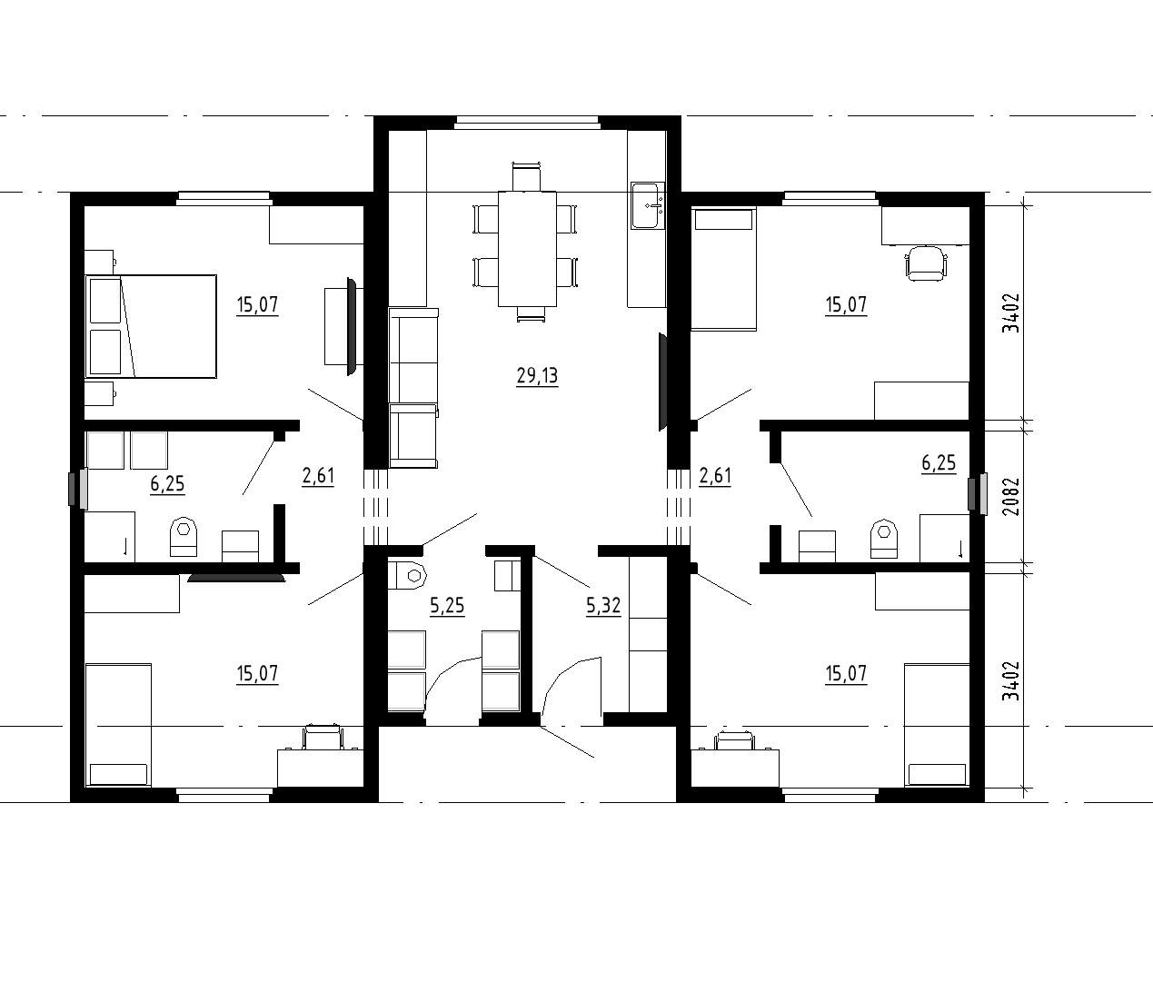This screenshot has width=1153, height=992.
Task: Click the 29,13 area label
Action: click(x=537, y=376)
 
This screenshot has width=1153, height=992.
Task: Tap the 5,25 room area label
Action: click(x=447, y=605)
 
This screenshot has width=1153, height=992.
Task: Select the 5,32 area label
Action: click(x=603, y=605)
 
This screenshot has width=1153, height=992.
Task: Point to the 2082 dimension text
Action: click(x=1010, y=496)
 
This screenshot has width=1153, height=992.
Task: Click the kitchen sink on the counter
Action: click(x=648, y=204)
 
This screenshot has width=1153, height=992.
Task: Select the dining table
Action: click(x=527, y=249)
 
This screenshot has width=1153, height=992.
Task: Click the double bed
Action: click(x=151, y=326)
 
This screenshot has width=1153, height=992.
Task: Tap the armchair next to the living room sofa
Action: click(x=412, y=436)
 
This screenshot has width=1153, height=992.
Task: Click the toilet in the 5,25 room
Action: click(x=407, y=575)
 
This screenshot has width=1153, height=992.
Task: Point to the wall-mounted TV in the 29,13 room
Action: click(x=663, y=382)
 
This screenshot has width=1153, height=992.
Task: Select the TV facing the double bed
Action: click(x=352, y=326)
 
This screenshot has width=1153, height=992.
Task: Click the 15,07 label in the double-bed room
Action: click(x=257, y=304)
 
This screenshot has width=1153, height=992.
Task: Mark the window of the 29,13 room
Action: click(x=527, y=122)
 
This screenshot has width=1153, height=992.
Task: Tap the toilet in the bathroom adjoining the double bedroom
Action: click(x=184, y=537)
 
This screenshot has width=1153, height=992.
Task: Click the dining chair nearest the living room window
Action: click(x=527, y=176)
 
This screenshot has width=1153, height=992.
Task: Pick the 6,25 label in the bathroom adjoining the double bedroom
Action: click(x=167, y=483)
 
